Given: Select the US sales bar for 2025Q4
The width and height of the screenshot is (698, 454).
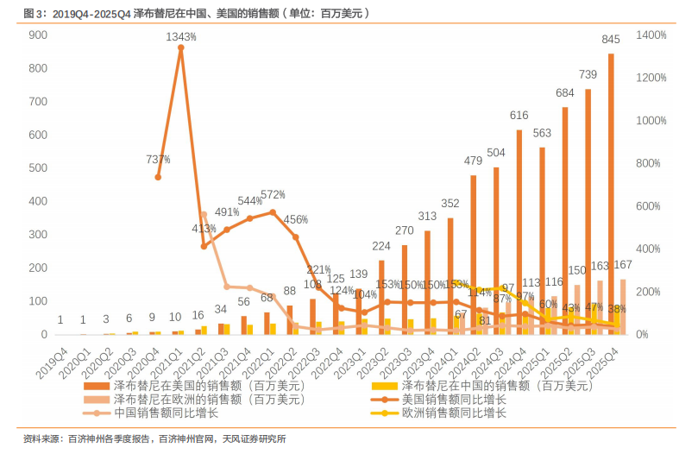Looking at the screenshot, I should (611, 190).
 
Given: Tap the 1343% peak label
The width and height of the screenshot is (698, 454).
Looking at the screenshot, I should (181, 37).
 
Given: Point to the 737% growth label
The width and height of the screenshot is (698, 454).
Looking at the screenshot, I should (158, 160).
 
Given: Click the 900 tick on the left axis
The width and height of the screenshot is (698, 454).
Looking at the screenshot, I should (37, 35).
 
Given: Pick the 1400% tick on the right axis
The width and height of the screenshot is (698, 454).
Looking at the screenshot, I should (651, 35).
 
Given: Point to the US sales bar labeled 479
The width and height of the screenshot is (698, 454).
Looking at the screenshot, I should (474, 255).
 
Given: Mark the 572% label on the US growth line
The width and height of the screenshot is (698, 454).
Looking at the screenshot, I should (272, 194).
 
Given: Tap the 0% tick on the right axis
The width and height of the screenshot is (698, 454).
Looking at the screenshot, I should (646, 335).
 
